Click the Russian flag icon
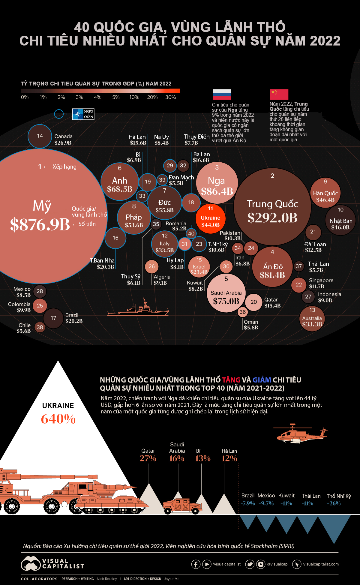click(x=221, y=94)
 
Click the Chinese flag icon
click(x=279, y=94)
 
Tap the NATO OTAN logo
click(x=83, y=114)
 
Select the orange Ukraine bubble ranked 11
click(x=210, y=218)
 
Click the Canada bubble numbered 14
click(x=40, y=136)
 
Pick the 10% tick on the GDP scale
click(x=134, y=97)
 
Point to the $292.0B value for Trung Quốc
click(x=272, y=218)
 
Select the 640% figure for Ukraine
click(x=58, y=419)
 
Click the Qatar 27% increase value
click(x=148, y=458)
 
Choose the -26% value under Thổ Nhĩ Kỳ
click(x=334, y=503)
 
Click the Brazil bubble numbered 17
click(x=53, y=318)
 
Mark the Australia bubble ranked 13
click(x=312, y=319)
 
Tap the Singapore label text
click(x=321, y=280)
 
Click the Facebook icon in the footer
click(x=196, y=564)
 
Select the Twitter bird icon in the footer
click(x=250, y=564)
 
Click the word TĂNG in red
click(x=231, y=380)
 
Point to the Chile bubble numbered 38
click(x=40, y=327)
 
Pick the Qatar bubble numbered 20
click(x=253, y=302)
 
